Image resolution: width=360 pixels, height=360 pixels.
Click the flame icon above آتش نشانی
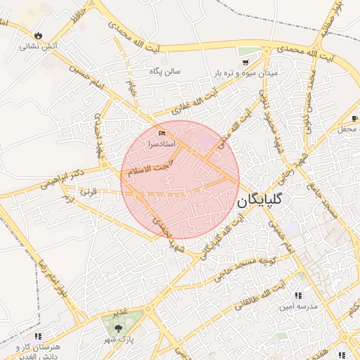coord(38,36)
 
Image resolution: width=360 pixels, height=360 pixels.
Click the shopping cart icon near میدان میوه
coord(245,51)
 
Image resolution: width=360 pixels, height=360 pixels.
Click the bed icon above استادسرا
coord(163,133)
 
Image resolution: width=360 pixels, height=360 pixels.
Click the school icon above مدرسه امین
coord(298,296)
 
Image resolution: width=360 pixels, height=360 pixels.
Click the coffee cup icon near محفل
coord(355,117)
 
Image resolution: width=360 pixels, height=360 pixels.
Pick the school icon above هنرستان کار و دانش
coord(38,336)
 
